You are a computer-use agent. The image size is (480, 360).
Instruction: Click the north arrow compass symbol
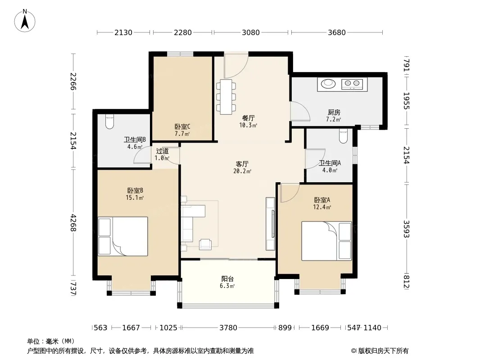pos(25,21)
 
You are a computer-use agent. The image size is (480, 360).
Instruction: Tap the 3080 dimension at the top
pos(251,32)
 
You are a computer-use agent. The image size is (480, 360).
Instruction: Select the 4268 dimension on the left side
pos(73,223)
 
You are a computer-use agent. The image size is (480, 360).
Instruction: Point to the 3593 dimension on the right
pos(406,229)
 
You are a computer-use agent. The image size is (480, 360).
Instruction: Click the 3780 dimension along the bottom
pos(228,328)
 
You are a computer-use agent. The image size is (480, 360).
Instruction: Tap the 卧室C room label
pos(182,126)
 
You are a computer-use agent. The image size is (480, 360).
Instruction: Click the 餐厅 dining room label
pos(248,118)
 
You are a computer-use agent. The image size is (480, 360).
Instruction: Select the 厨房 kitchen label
pos(334,112)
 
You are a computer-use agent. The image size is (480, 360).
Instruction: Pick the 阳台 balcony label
pos(227,279)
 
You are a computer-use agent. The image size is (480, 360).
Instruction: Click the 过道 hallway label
pos(162,151)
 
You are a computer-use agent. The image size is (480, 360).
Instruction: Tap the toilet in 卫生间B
pos(109,121)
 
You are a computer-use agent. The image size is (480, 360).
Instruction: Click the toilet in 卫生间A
pos(344,135)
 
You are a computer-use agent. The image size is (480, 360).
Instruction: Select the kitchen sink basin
pos(328,83)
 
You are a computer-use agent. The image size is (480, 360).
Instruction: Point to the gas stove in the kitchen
pos(352,84)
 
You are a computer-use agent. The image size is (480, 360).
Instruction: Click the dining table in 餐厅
pos(226,97)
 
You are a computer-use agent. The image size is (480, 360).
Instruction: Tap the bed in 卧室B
pos(123,236)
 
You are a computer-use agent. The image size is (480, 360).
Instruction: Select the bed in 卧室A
pos(326,241)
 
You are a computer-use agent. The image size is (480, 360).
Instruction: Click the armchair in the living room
pos(205,244)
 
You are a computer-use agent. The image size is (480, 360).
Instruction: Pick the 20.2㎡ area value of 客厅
pos(242,171)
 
